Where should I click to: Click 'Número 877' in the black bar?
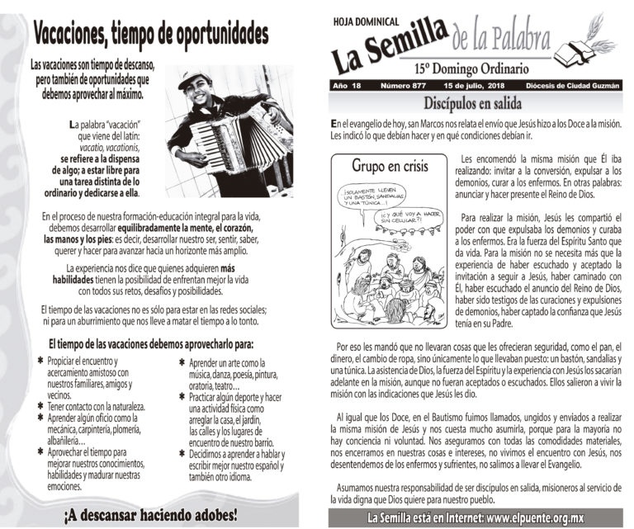click(405, 86)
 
